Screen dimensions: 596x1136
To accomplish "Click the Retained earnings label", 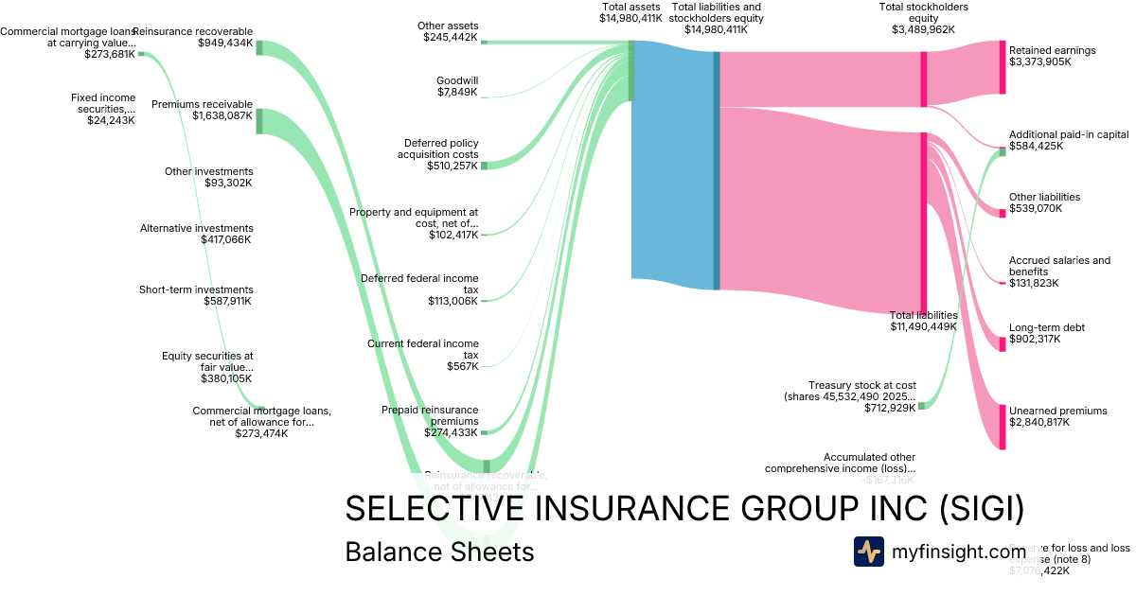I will pyautogui.click(x=1052, y=50).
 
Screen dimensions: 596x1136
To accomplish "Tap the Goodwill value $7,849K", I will pyautogui.click(x=457, y=93).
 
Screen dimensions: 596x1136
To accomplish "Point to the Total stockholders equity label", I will pyautogui.click(x=923, y=12).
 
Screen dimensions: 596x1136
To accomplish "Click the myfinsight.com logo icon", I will pyautogui.click(x=868, y=552).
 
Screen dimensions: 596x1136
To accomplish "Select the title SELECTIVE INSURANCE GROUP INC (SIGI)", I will pyautogui.click(x=683, y=508).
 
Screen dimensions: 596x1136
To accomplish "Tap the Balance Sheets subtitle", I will pyautogui.click(x=439, y=552).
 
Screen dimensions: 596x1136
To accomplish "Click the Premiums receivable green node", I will pyautogui.click(x=259, y=121).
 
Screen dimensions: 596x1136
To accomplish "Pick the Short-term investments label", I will pyautogui.click(x=196, y=289).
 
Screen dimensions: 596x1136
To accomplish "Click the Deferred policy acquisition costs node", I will pyautogui.click(x=484, y=166).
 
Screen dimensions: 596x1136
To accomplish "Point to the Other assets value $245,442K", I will pyautogui.click(x=451, y=38).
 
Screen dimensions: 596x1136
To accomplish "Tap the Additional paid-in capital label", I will pyautogui.click(x=1068, y=134).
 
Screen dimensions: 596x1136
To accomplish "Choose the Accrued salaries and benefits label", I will pyautogui.click(x=1059, y=266).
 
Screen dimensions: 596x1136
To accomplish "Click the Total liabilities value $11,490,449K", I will pyautogui.click(x=923, y=327).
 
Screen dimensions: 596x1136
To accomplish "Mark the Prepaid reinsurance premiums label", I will pyautogui.click(x=430, y=415).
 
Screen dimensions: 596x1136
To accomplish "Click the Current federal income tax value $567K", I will pyautogui.click(x=462, y=366).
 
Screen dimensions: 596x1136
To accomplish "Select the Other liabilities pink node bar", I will pyautogui.click(x=1003, y=214).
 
